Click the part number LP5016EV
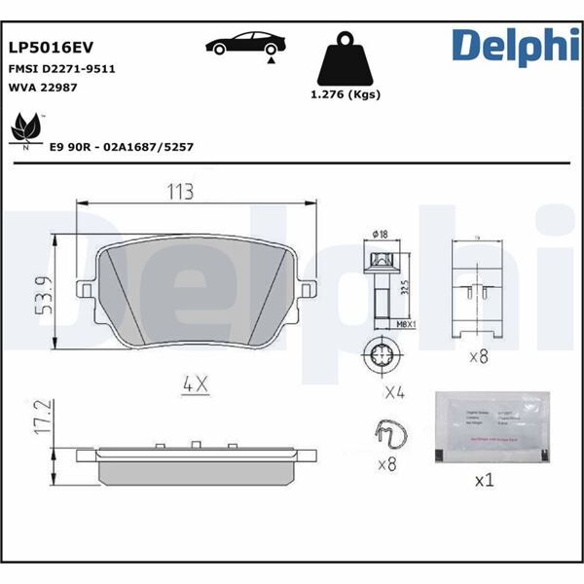[x=51, y=46]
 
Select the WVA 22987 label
[x=43, y=88]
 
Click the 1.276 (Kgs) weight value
[x=345, y=94]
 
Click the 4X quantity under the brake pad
[x=195, y=384]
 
